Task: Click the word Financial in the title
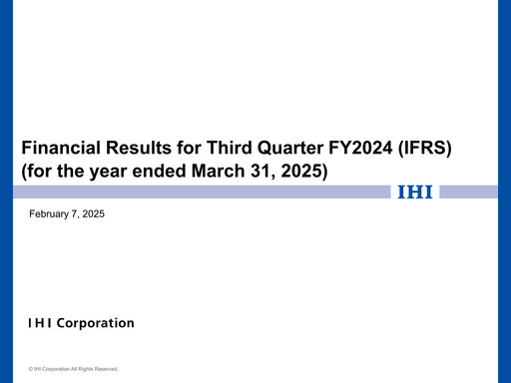point(58,149)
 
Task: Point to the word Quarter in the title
point(291,149)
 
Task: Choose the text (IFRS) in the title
point(427,149)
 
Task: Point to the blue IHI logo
point(415,191)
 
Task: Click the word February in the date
point(51,214)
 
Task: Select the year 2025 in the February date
point(93,214)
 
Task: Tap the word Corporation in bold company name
point(96,323)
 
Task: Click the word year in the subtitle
point(100,171)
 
